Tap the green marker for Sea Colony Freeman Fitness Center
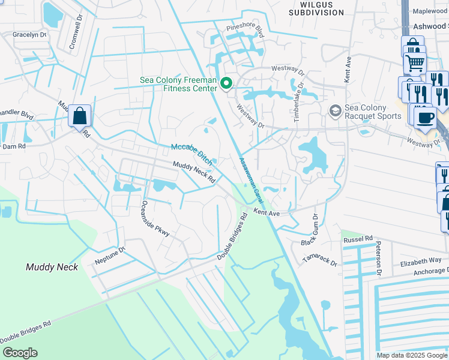coord(226,83)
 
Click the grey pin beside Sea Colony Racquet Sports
coord(335,110)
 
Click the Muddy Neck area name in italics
coord(52,267)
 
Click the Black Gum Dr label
coord(316,232)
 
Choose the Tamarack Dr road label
coord(319,260)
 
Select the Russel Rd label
coord(358,239)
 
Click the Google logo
coord(20,353)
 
